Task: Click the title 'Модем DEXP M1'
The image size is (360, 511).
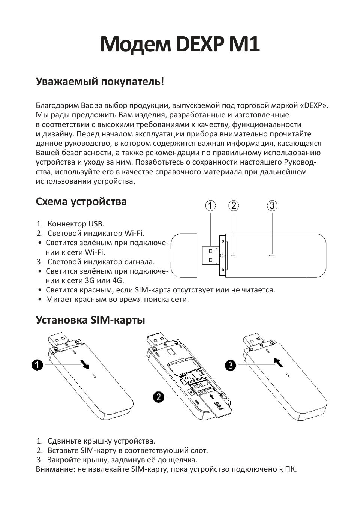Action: pyautogui.click(x=180, y=45)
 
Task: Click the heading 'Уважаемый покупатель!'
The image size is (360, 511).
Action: pyautogui.click(x=100, y=81)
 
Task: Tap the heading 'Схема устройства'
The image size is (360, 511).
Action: pyautogui.click(x=81, y=202)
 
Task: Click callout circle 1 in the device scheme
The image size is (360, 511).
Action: pyautogui.click(x=211, y=206)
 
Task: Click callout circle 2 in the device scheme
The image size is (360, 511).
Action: pyautogui.click(x=234, y=206)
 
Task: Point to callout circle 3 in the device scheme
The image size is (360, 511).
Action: pyautogui.click(x=272, y=206)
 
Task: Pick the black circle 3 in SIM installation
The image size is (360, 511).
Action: pyautogui.click(x=231, y=364)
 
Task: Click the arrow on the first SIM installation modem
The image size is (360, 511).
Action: pyautogui.click(x=85, y=364)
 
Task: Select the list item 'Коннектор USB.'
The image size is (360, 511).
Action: pyautogui.click(x=76, y=224)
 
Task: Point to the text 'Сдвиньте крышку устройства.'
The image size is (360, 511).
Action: pyautogui.click(x=101, y=441)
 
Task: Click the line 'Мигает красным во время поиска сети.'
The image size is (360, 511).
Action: pyautogui.click(x=117, y=299)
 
